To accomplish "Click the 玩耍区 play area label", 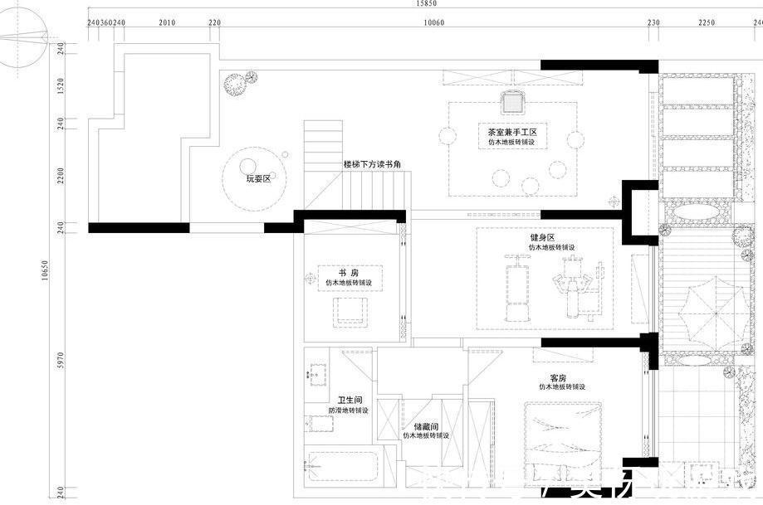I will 258,179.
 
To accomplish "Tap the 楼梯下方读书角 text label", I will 373,165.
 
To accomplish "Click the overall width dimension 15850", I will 426,4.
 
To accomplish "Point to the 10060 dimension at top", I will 435,23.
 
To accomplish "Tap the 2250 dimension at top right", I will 706,23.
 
